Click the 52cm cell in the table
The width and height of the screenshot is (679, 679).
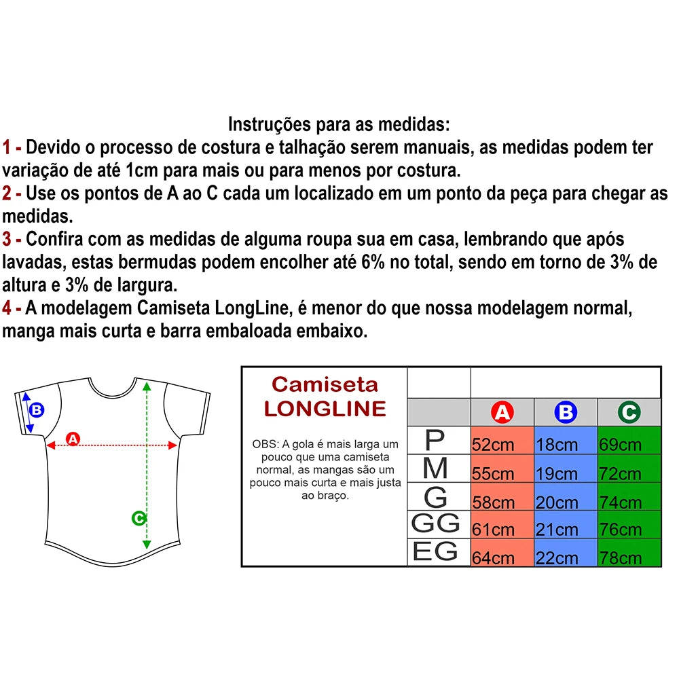tap(502, 441)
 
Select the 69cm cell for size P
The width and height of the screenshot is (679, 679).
tap(629, 441)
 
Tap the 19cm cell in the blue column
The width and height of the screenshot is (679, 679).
tap(566, 470)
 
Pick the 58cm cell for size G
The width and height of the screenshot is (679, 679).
tap(502, 498)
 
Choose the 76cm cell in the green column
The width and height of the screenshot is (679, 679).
tap(629, 526)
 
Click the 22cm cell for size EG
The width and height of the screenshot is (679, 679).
tap(566, 553)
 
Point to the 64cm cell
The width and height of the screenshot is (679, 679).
tap(502, 553)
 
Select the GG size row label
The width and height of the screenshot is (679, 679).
tap(436, 524)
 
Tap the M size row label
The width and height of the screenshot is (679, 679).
tap(435, 469)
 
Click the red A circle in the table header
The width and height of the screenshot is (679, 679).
tap(502, 412)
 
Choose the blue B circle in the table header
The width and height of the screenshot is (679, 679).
tap(566, 412)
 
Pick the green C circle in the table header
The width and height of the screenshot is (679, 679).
tap(629, 412)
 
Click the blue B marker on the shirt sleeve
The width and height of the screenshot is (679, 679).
tap(37, 410)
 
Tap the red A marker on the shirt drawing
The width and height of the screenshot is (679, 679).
tap(73, 439)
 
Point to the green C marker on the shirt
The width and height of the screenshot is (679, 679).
tap(138, 519)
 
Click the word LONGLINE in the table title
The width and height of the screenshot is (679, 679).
tap(325, 409)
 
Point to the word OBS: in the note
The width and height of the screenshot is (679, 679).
tap(265, 444)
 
